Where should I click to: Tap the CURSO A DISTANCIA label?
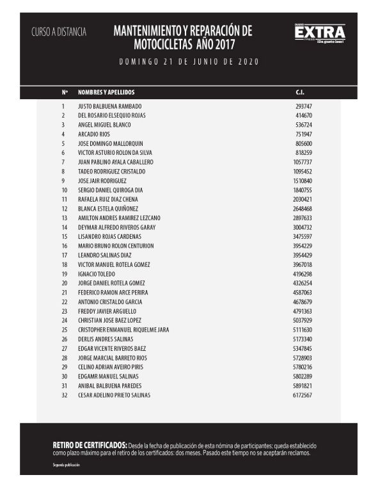pos(59,31)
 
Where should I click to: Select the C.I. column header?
pos(300,92)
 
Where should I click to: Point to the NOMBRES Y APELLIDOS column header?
pos(106,92)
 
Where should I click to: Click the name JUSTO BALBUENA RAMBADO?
pos(109,106)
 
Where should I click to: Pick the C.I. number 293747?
pos(303,106)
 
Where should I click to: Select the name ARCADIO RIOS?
pos(94,134)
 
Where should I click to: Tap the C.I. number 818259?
pos(303,153)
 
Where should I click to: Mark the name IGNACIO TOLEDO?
pos(98,274)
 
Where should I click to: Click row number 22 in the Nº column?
pos(64,302)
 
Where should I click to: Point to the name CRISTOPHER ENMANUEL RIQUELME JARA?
pos(124,330)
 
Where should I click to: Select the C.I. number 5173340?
pos(302,339)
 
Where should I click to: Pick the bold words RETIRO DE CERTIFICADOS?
pos(90,445)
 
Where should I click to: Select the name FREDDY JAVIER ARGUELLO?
pos(107,311)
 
